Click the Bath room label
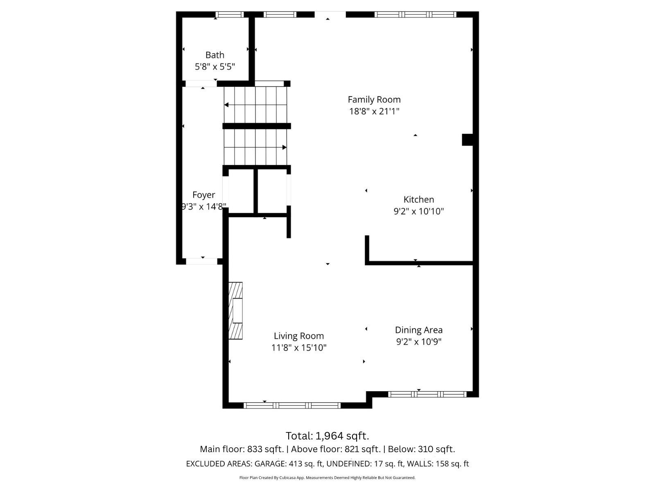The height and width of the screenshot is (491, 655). click(215, 55)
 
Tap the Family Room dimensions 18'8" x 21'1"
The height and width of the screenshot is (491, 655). click(374, 111)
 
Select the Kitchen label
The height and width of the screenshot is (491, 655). click(418, 200)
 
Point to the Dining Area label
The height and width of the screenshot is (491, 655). click(418, 330)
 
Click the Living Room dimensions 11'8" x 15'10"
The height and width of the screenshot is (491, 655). click(298, 348)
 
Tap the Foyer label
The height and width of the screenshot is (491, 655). click(203, 195)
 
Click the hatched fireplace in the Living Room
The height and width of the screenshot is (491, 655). click(235, 311)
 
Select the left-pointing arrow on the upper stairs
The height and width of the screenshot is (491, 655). click(226, 105)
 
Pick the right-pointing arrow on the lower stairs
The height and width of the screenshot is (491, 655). click(284, 147)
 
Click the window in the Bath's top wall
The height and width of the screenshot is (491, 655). click(229, 15)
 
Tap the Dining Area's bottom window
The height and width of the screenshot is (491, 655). click(427, 394)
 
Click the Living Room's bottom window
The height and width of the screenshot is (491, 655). click(292, 405)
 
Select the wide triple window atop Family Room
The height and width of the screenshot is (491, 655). click(415, 15)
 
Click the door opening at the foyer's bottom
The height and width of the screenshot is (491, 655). click(202, 261)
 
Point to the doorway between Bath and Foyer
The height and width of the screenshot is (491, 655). click(201, 84)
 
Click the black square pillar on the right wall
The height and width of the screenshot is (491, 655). click(468, 140)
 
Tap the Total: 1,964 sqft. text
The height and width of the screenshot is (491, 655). click(327, 435)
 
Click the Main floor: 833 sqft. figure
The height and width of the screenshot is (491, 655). click(242, 449)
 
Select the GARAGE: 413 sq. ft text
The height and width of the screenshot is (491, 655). click(289, 464)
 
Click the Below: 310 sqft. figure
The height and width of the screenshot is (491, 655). click(421, 449)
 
